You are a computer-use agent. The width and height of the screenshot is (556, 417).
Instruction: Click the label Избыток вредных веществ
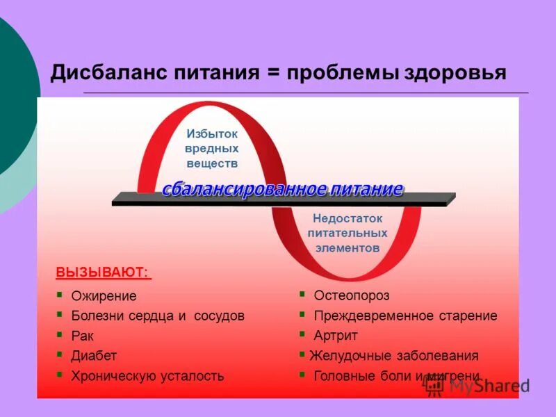coord(212,148)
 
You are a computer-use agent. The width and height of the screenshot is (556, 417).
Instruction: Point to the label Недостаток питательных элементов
coord(347,233)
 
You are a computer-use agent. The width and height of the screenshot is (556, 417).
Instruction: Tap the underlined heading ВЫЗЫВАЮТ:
coord(102,271)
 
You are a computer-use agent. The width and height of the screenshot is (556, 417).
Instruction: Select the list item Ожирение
coord(104,296)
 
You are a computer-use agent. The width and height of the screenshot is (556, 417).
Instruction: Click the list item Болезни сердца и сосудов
coord(158,316)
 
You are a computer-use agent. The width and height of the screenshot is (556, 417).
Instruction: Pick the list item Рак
coord(81,336)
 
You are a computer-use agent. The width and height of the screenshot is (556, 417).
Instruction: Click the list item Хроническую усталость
coord(147,376)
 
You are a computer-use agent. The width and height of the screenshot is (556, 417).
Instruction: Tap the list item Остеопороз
coord(352,296)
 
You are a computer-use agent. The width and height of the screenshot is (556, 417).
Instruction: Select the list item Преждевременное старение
coord(405,316)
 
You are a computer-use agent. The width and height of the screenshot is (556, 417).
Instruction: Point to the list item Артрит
coord(336,336)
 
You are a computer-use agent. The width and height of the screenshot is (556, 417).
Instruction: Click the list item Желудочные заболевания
coord(394,356)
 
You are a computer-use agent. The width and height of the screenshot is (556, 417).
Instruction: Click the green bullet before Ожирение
coord(60,295)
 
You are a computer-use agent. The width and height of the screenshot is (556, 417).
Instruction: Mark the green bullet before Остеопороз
coord(302,295)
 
